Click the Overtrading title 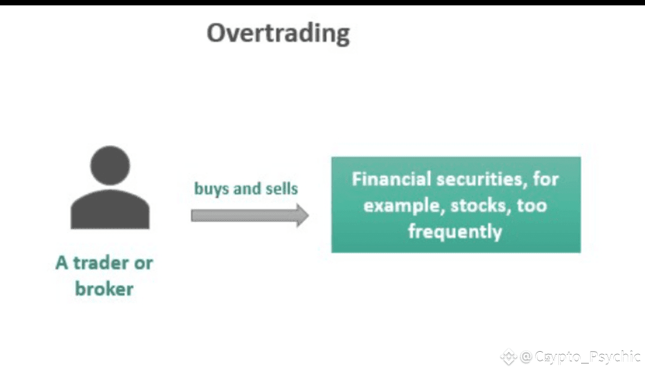point(278,33)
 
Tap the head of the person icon point(110,165)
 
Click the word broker point(104,289)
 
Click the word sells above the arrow point(282,189)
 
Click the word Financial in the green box point(391,179)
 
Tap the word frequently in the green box point(455,232)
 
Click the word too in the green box point(532,205)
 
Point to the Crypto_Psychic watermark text point(588,356)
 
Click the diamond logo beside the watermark point(509,356)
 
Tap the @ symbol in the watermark point(526,356)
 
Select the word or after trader point(143,263)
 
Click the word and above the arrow point(247,189)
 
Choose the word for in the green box point(546,179)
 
